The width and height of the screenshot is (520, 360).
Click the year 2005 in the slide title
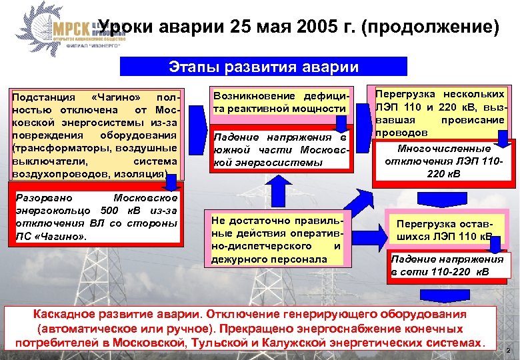289,28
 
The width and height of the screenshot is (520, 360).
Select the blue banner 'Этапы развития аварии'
263,67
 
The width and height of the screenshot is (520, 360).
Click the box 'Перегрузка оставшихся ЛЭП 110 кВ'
444,230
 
